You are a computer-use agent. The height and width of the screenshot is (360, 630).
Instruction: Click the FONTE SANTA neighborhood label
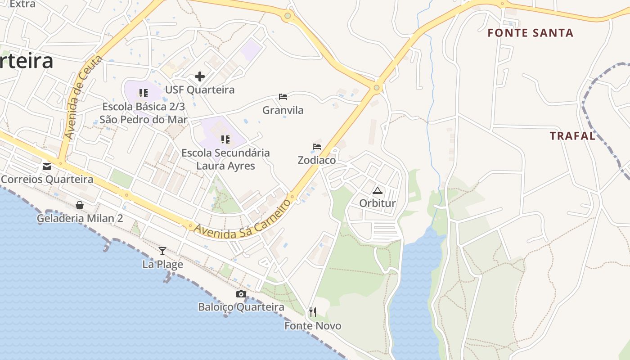[531, 33]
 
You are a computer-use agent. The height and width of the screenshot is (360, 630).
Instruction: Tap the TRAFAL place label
[572, 136]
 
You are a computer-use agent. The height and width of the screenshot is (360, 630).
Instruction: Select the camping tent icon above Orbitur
[377, 190]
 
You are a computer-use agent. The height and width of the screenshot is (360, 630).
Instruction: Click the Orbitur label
[377, 203]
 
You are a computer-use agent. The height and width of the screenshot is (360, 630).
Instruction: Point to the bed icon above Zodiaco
[317, 147]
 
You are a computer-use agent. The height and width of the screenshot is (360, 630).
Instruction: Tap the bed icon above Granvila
[283, 97]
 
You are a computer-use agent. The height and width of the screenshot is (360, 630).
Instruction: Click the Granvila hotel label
[283, 110]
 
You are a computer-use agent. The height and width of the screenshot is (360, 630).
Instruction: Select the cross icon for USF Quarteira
[200, 76]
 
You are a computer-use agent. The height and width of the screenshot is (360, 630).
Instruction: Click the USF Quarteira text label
[200, 90]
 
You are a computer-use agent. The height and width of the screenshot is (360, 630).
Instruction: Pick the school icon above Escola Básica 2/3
[143, 93]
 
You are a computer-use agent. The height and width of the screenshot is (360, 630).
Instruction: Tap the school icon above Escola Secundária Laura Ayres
[225, 139]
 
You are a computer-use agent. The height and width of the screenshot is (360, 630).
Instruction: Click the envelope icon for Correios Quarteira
[47, 166]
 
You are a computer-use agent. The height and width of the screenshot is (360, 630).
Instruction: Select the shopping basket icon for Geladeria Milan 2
[80, 205]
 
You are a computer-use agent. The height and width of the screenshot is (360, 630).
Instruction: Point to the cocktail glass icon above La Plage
[162, 251]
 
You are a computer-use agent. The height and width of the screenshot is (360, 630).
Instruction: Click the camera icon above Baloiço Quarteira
[241, 294]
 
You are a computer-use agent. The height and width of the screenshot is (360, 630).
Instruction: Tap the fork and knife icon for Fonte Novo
[313, 312]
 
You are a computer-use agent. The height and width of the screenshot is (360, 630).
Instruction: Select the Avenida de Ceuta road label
[83, 97]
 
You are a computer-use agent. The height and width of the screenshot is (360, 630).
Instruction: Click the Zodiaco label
[317, 160]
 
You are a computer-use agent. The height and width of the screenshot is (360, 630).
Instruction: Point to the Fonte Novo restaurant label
[313, 326]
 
